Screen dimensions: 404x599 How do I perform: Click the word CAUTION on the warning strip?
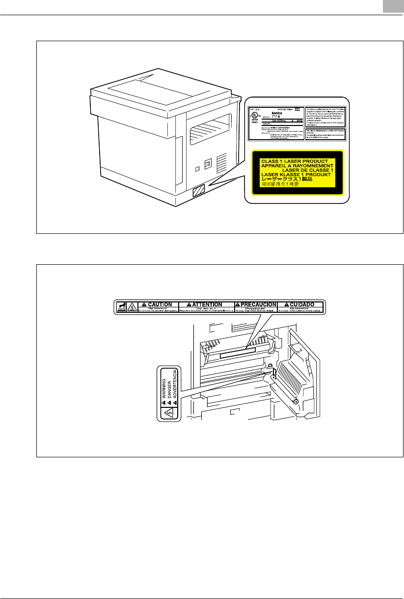(158, 304)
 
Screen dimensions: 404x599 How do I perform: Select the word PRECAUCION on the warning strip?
(255, 304)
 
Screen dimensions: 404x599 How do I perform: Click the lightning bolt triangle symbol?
(167, 412)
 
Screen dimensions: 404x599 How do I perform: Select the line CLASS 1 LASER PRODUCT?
(294, 161)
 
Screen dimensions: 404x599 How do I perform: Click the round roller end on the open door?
(296, 401)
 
